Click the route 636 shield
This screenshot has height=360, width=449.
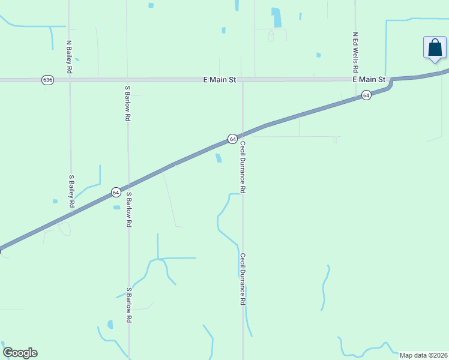[x=48, y=80]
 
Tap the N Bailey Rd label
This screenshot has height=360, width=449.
[x=70, y=57]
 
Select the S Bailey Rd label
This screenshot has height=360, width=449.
[x=71, y=191]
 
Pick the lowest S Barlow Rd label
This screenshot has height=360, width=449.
[x=128, y=305]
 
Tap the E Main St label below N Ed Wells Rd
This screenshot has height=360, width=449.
[x=368, y=79]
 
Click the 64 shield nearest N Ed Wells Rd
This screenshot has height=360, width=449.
[x=366, y=95]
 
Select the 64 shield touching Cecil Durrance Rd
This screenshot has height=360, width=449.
[x=232, y=139]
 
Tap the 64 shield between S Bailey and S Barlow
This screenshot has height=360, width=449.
[x=116, y=193]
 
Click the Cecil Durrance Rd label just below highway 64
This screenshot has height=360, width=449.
[x=243, y=167]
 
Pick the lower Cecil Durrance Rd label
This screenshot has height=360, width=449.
[x=243, y=279]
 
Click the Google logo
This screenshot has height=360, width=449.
[x=20, y=353]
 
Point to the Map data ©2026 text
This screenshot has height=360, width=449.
[x=423, y=355]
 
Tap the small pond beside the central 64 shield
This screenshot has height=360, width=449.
[x=218, y=158]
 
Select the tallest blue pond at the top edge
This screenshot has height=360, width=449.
[x=276, y=17]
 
